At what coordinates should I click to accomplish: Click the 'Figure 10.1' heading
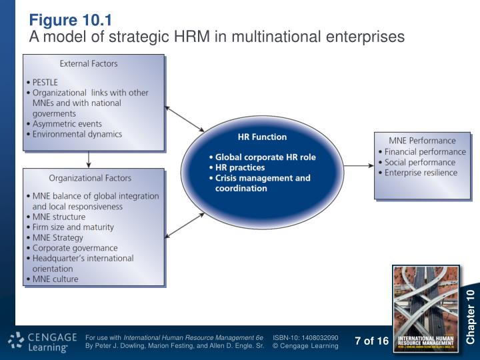tap(70, 19)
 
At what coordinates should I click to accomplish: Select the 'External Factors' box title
tap(89, 64)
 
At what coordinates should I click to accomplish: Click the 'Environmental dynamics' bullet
tap(77, 134)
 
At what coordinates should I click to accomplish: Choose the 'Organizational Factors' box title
tap(90, 178)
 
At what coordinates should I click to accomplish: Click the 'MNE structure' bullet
tap(59, 217)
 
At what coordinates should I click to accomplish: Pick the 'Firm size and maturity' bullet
tap(73, 227)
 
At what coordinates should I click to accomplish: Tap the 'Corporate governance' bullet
tap(75, 248)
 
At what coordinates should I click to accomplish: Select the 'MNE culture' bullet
tap(55, 279)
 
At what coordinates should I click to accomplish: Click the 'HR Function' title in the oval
tap(262, 137)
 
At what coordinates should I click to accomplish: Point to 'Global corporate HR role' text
tap(265, 158)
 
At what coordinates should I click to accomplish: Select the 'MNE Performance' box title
tap(422, 141)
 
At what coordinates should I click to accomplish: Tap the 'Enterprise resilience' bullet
tap(421, 173)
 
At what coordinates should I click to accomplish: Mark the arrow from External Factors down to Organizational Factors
tap(89, 159)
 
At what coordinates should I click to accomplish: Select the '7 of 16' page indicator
tap(371, 341)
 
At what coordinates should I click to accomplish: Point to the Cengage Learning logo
tap(39, 341)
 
